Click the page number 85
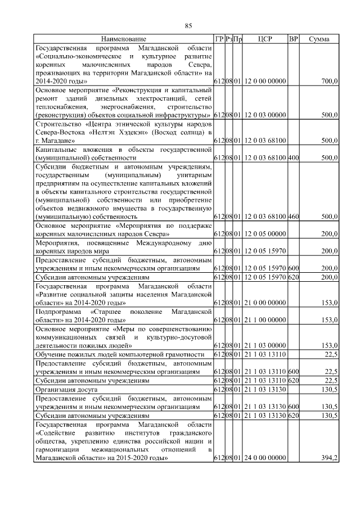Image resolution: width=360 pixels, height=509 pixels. [x=188, y=25]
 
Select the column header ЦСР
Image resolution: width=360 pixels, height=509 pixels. [x=265, y=39]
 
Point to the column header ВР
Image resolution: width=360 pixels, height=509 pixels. [x=293, y=39]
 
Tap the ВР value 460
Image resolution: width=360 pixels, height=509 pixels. [x=293, y=216]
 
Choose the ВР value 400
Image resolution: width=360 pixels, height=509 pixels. [x=293, y=158]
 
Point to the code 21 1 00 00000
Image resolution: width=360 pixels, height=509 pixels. [x=265, y=319]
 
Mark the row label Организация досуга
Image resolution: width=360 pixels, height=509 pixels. [x=63, y=389]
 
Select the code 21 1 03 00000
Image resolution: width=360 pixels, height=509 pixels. [x=265, y=345]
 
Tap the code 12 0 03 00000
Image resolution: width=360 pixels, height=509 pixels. [x=265, y=115]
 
